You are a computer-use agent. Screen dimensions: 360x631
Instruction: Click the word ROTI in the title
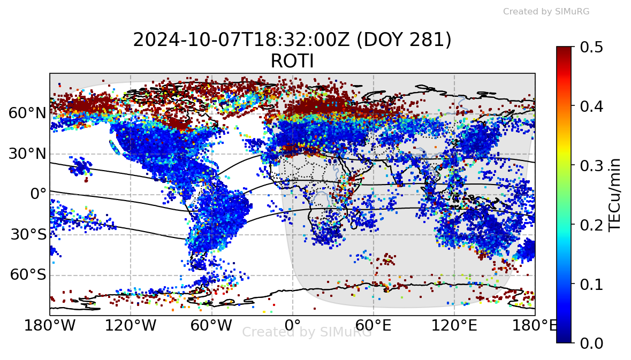(292, 62)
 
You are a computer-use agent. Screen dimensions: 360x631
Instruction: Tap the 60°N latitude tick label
(27, 113)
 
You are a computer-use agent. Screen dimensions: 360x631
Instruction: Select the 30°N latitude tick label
(27, 154)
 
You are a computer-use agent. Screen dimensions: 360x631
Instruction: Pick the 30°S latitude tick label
(27, 235)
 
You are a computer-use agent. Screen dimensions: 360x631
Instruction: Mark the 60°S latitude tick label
(27, 275)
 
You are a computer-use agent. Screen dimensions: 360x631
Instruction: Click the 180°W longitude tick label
(50, 325)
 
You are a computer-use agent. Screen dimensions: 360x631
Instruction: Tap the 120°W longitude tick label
(131, 325)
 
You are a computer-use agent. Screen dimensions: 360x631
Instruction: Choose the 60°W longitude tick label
(212, 325)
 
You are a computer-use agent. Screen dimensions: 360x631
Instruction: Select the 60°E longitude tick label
(374, 325)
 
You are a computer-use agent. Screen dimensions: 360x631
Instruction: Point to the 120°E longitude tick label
(454, 325)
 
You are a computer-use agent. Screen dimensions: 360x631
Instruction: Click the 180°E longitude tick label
(535, 325)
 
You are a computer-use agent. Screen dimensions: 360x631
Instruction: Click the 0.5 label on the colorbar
(591, 47)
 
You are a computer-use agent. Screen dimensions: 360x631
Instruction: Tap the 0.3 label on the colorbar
(591, 165)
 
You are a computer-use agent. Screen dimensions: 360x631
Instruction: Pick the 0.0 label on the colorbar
(591, 342)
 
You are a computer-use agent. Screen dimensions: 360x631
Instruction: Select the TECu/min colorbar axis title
(616, 194)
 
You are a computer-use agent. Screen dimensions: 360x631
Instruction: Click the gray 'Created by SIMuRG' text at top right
(546, 11)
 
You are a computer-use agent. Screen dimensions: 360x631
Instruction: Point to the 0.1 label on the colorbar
(591, 284)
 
